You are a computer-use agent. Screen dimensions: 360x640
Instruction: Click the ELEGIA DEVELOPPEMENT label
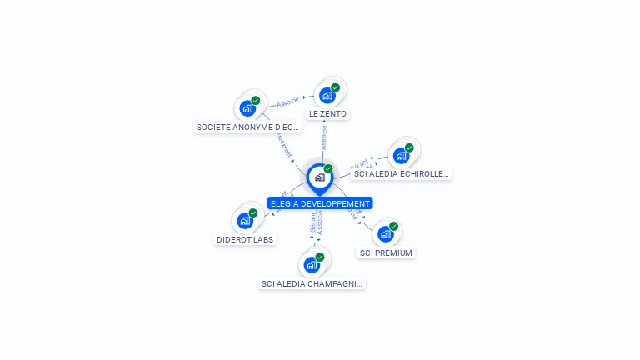tap(320, 203)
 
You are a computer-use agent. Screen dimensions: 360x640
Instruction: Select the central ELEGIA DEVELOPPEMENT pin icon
tap(319, 177)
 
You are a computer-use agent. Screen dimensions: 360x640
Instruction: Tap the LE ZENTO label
tap(327, 113)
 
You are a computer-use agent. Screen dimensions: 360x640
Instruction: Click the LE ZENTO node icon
tap(327, 95)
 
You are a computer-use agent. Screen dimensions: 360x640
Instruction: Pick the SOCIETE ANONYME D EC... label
tap(247, 127)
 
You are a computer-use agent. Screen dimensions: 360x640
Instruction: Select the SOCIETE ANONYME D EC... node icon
tap(247, 108)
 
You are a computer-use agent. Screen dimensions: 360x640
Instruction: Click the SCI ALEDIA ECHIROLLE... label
tap(402, 174)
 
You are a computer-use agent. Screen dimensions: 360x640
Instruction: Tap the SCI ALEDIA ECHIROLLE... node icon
tap(402, 156)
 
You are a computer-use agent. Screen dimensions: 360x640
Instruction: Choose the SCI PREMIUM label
tap(385, 252)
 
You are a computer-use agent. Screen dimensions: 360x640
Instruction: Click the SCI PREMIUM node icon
tap(385, 234)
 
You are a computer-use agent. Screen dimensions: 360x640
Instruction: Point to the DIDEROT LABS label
tap(245, 239)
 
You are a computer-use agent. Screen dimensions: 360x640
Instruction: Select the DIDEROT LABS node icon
tap(245, 221)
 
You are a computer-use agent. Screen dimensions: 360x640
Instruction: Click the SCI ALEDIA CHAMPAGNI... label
tap(312, 283)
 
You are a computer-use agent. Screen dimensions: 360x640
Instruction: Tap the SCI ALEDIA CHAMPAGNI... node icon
tap(312, 265)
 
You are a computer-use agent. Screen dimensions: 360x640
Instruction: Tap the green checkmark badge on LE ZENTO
tap(335, 87)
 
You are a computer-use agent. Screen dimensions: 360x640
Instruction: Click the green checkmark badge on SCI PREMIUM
tap(393, 227)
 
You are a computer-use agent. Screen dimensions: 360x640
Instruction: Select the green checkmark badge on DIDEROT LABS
tap(253, 213)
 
